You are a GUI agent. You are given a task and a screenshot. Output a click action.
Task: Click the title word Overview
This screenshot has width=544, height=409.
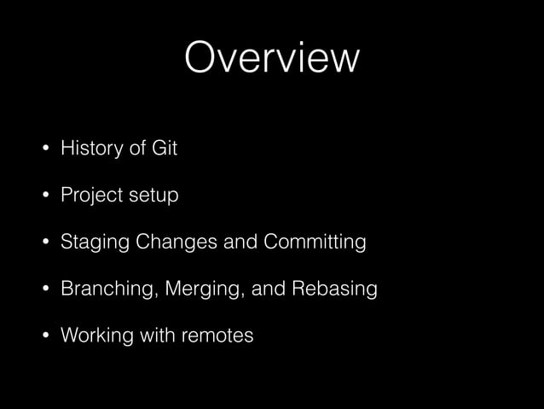(272, 58)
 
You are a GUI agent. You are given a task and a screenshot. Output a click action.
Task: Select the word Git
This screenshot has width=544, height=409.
(165, 149)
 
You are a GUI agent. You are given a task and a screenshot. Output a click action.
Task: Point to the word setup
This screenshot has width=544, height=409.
(153, 196)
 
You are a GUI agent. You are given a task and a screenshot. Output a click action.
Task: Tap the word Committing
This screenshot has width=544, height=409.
(315, 243)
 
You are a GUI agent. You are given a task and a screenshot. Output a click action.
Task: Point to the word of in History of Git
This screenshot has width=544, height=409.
(136, 149)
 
